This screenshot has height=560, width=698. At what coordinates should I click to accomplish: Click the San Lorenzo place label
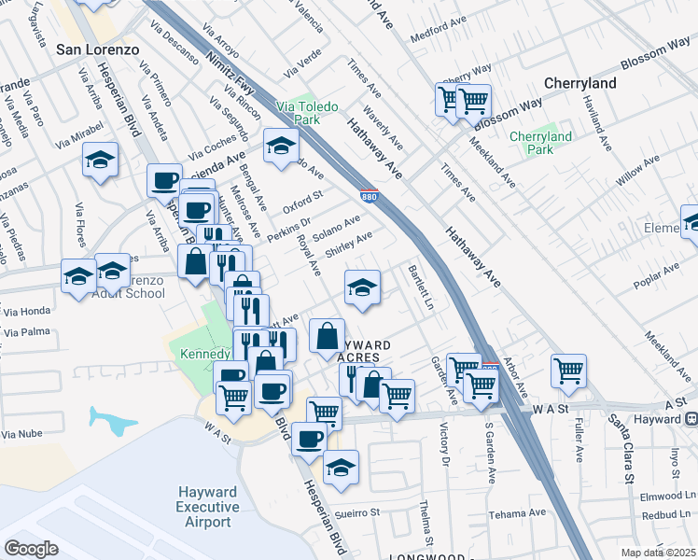(98, 49)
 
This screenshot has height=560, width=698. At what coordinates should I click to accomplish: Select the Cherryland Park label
(540, 143)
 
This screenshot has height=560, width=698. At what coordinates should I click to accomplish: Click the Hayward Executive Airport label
(207, 507)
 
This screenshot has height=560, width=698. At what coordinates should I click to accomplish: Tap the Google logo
(32, 549)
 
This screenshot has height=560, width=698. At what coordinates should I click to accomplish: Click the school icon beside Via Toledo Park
(281, 146)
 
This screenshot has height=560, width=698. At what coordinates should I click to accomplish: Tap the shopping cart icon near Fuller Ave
(567, 371)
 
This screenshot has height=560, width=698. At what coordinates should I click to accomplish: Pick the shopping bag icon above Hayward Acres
(327, 337)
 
